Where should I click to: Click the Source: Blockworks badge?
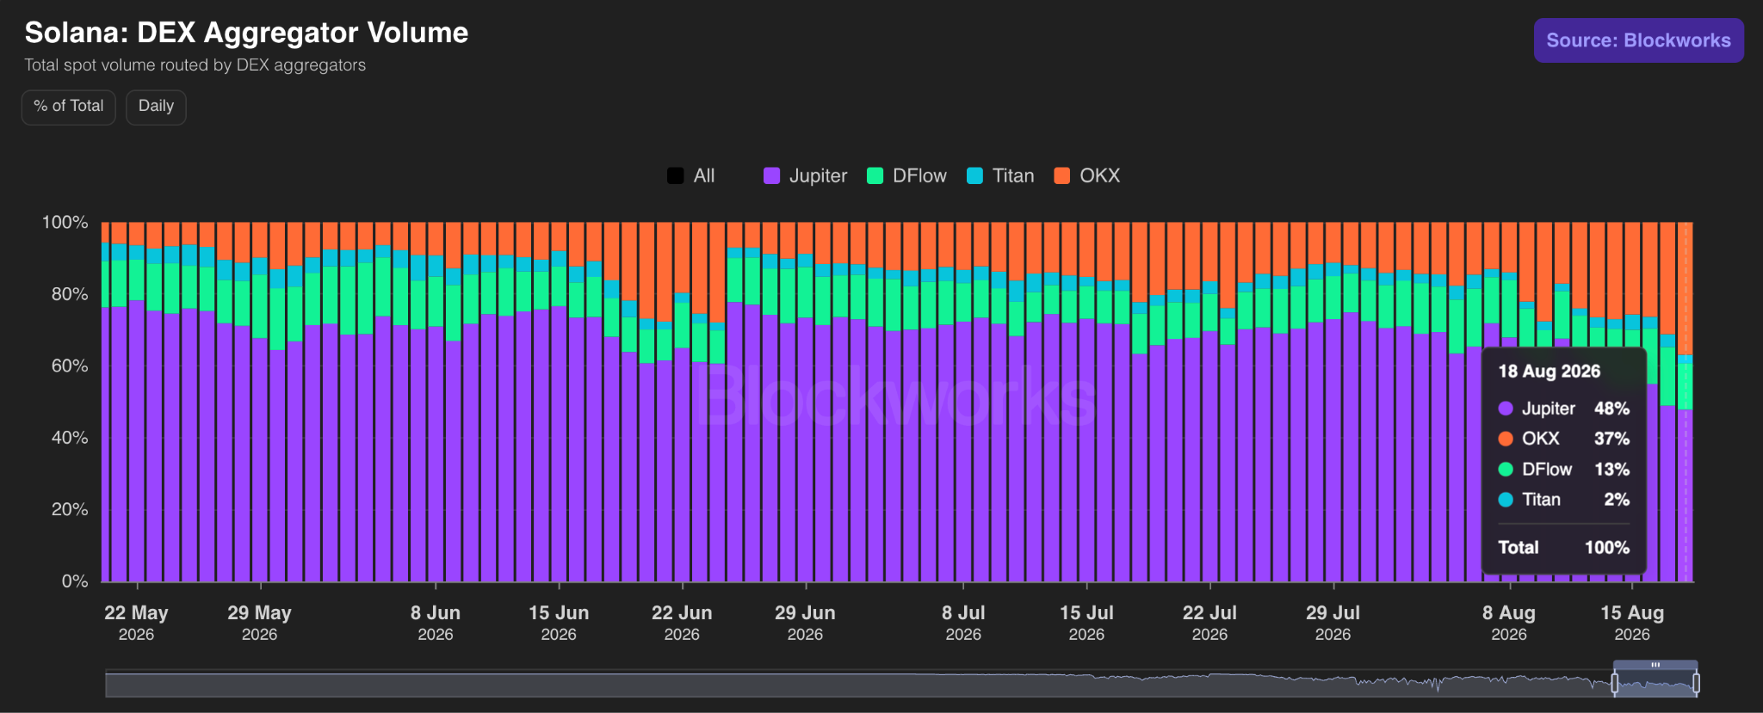[x=1638, y=40]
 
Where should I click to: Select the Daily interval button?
[x=156, y=107]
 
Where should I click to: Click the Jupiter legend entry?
[x=805, y=175]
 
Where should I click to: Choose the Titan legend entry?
[x=1000, y=175]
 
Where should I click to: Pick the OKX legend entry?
[x=1087, y=175]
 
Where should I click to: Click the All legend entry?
[x=690, y=175]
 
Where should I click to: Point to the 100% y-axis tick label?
[x=65, y=222]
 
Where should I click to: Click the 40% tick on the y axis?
[x=70, y=438]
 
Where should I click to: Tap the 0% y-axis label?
[x=75, y=581]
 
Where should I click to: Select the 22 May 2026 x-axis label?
[x=136, y=623]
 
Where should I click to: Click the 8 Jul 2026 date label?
[x=963, y=623]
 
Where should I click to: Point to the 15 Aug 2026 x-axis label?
[x=1632, y=623]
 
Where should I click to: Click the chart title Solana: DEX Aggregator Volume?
[x=246, y=33]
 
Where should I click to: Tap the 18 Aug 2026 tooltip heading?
[x=1550, y=371]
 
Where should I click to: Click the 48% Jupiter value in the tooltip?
[x=1611, y=409]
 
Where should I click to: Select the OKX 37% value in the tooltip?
[x=1611, y=439]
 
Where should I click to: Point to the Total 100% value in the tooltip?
[x=1607, y=548]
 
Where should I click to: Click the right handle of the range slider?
[x=1696, y=684]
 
